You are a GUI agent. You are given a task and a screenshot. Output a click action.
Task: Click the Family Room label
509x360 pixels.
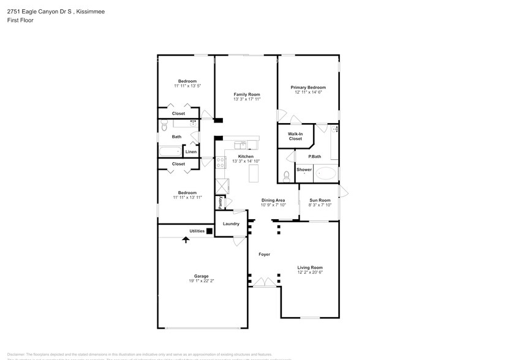246,94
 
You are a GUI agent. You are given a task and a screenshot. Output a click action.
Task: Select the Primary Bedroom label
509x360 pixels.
307,87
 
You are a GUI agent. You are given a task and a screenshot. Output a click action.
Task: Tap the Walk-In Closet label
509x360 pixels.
295,136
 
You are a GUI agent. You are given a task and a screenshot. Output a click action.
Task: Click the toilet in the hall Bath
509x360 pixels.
164,126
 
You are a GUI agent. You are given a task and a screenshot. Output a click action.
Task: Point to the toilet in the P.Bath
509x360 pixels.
287,175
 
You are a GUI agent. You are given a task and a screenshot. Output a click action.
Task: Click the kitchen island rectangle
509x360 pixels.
253,173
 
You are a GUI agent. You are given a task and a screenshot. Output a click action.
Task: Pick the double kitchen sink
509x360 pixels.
241,145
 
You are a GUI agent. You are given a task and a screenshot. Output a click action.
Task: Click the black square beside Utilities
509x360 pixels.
209,231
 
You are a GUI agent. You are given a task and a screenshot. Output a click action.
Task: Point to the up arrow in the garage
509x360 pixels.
185,239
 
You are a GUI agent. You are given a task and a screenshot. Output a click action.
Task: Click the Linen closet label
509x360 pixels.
191,151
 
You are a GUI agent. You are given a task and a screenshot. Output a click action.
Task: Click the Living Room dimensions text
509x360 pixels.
310,272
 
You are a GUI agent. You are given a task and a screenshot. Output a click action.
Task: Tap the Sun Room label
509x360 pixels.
320,200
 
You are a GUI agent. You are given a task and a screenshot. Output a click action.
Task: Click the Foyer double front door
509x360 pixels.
264,282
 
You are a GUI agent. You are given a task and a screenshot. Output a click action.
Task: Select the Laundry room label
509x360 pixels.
231,223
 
